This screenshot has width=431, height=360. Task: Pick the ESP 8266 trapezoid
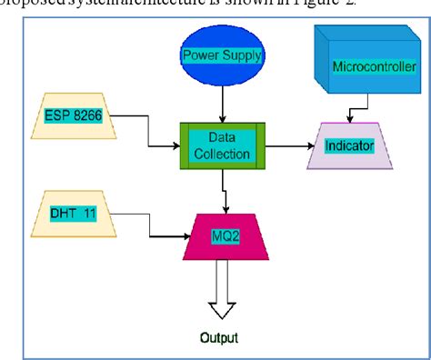(x=74, y=115)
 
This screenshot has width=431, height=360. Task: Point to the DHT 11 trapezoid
(x=75, y=215)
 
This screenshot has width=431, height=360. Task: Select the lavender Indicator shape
(x=349, y=146)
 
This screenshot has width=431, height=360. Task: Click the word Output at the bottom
(x=219, y=337)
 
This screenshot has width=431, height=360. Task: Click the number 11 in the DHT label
(x=91, y=215)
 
